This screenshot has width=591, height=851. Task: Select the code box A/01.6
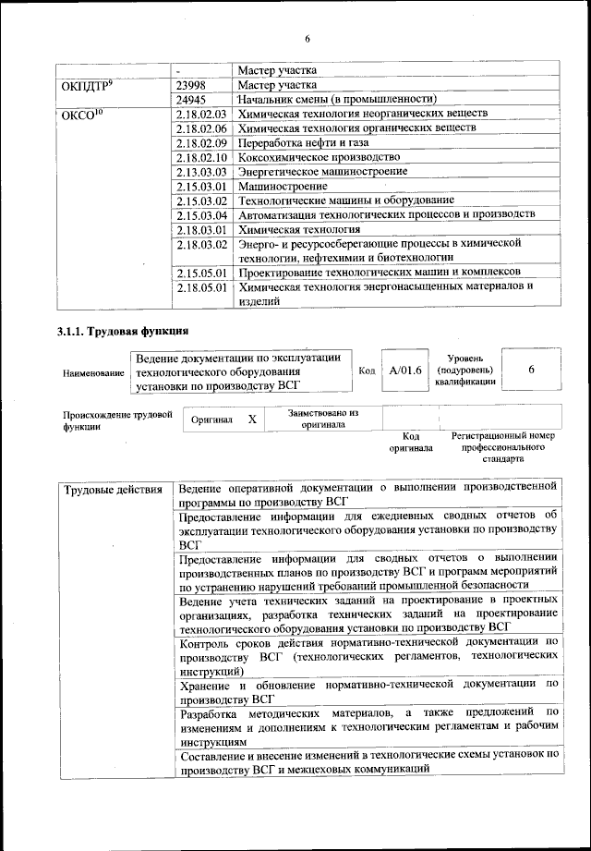405,371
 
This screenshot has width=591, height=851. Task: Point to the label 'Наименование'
92,372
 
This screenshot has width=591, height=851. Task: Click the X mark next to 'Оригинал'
252,419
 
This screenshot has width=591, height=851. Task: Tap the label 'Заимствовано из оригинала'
322,419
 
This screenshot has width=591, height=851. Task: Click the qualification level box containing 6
531,370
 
